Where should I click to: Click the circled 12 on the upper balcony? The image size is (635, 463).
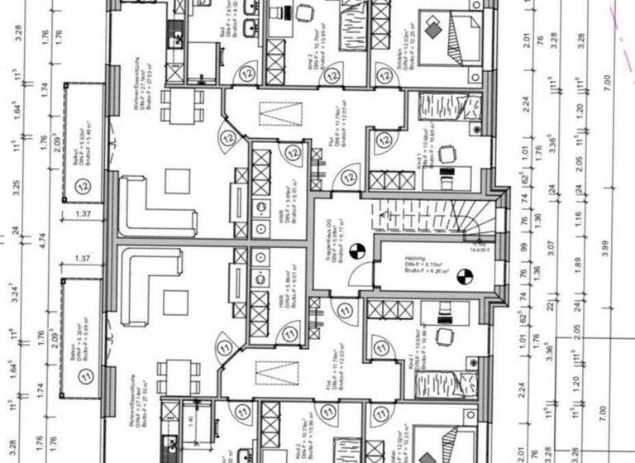pyautogui.click(x=84, y=188)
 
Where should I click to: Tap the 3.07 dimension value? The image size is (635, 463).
pyautogui.click(x=547, y=246)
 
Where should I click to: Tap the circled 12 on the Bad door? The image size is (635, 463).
pyautogui.click(x=246, y=74)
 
